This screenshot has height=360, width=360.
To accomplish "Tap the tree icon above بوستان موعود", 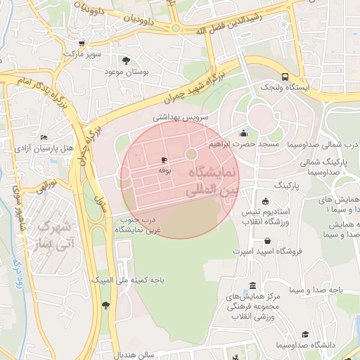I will [x=127, y=60].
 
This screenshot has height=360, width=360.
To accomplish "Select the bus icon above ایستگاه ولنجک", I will [x=285, y=77].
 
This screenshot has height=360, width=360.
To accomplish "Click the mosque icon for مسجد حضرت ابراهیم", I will [x=243, y=133].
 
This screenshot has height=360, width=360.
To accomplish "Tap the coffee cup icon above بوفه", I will [x=165, y=160].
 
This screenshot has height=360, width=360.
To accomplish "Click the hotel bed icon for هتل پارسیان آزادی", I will [x=44, y=137].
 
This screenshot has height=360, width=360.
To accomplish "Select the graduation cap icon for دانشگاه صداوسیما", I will [x=304, y=335].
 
